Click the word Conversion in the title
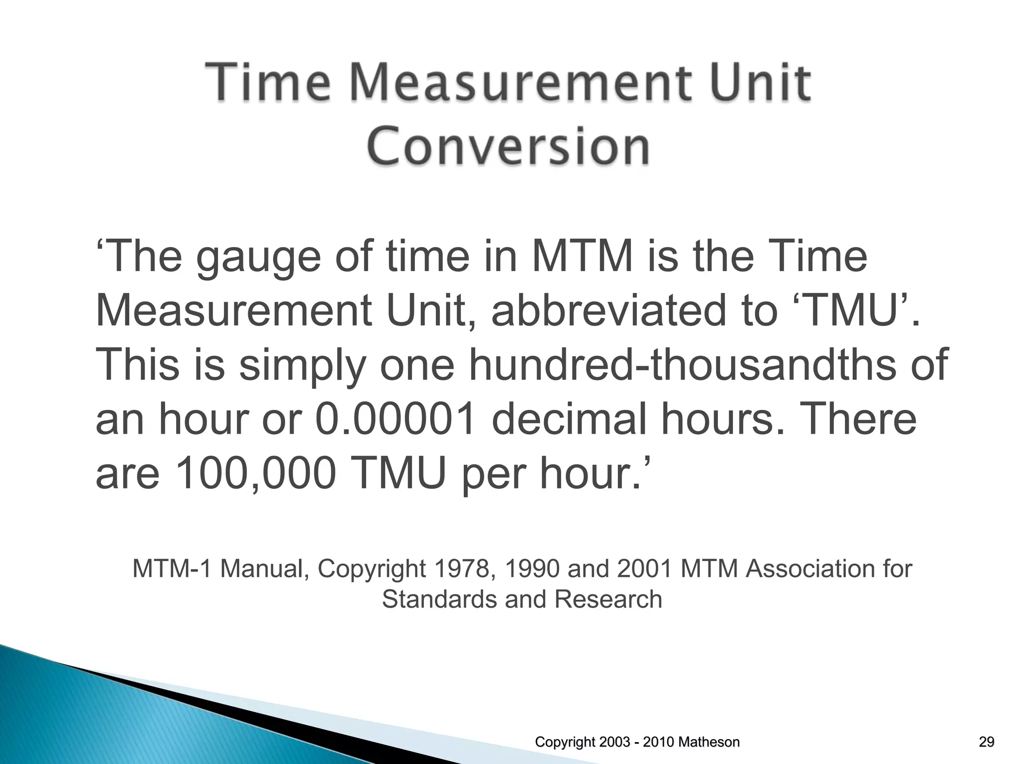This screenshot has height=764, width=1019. [x=508, y=146]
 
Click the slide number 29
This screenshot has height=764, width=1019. [x=986, y=743]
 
